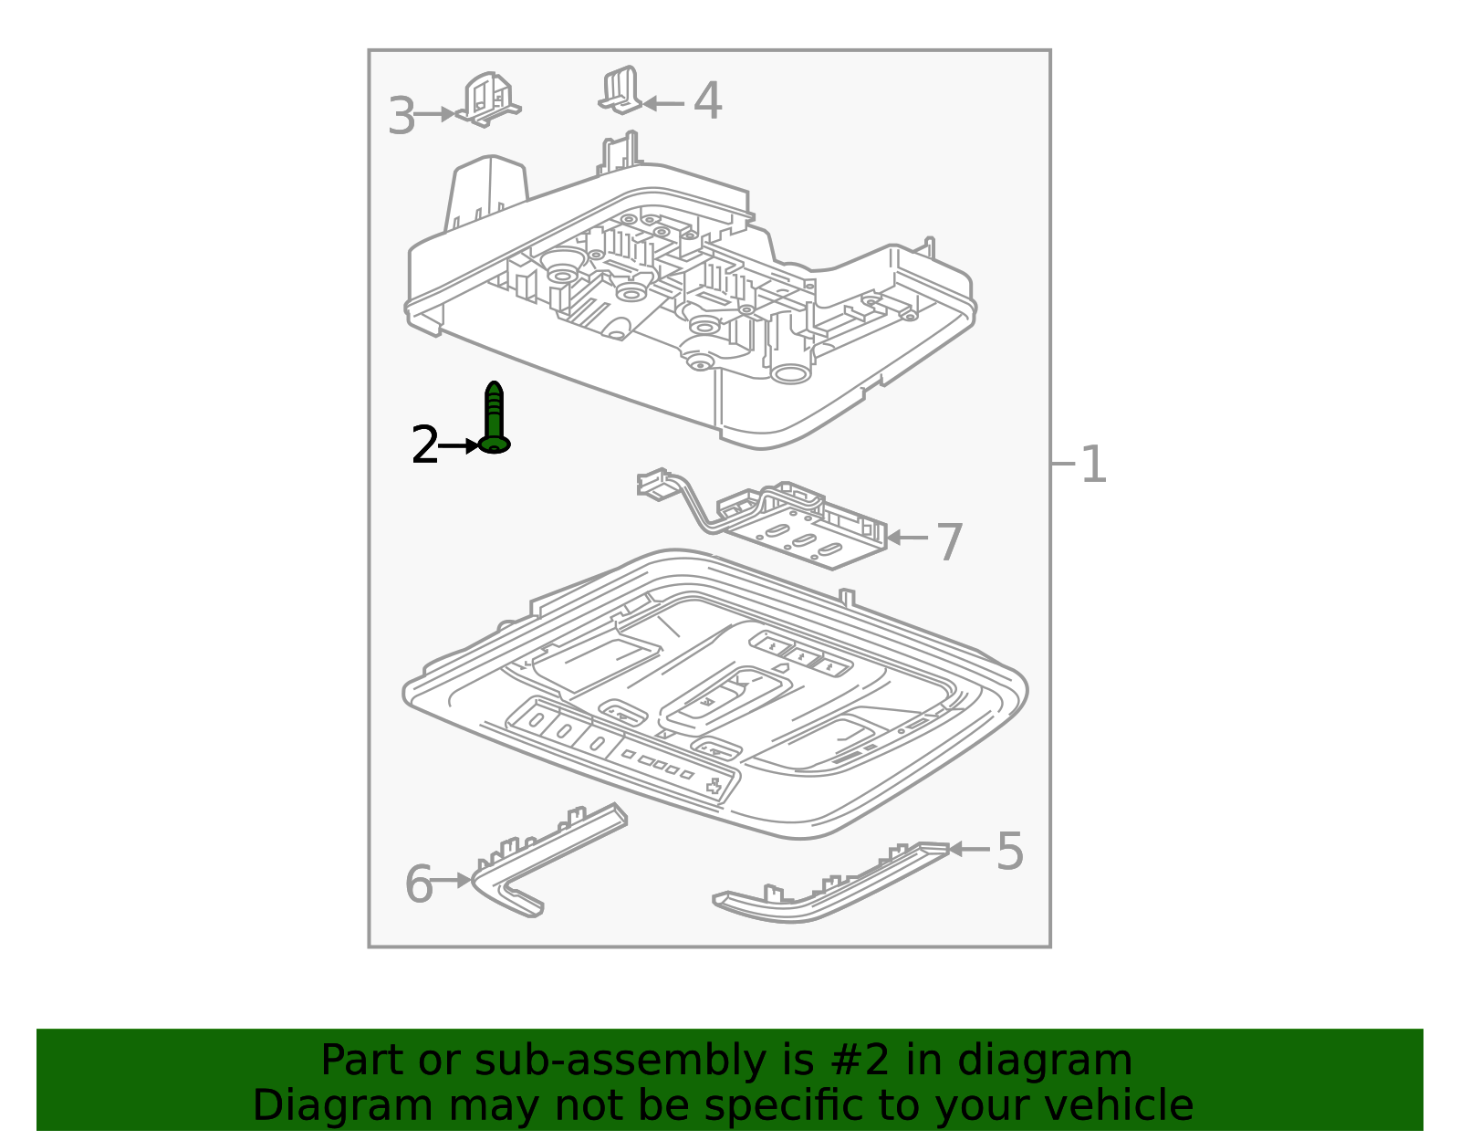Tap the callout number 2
[424, 444]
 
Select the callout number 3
[401, 116]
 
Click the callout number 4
[707, 100]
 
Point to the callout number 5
[1009, 851]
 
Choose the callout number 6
[419, 884]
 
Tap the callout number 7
[949, 542]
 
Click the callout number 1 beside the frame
[1092, 465]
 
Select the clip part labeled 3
[488, 99]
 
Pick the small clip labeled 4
[620, 89]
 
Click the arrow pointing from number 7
[907, 538]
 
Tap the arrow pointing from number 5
[969, 849]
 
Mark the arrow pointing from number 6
[451, 879]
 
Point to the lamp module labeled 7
[763, 518]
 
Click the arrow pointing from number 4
[663, 103]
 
